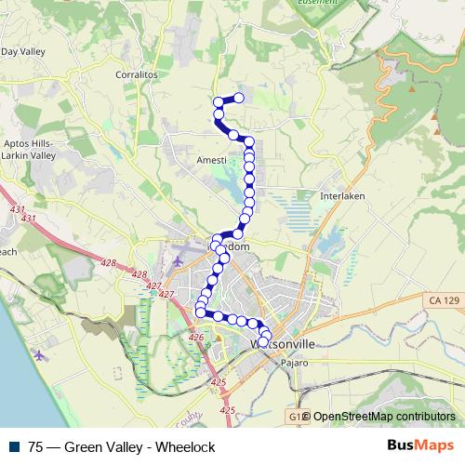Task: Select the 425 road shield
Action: (219, 382)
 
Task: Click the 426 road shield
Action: (196, 337)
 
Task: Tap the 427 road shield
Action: (166, 294)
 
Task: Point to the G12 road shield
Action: (294, 417)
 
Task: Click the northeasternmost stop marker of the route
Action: (239, 98)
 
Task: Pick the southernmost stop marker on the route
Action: (262, 342)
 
